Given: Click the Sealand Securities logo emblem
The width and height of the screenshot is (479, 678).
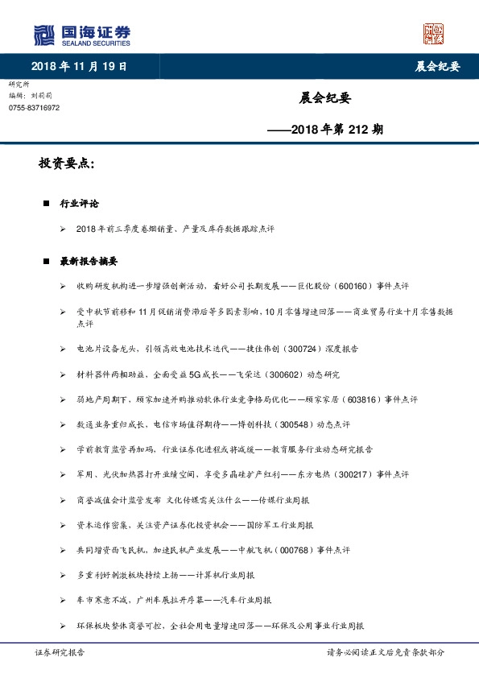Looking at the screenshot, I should click(x=44, y=35).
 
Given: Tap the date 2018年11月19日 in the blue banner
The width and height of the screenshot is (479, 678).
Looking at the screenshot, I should click(x=80, y=66).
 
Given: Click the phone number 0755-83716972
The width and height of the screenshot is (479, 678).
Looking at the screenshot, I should click(x=34, y=107).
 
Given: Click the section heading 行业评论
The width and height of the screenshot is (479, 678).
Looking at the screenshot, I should click(x=79, y=204).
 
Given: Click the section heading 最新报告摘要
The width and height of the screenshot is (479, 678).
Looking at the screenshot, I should click(x=89, y=262).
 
